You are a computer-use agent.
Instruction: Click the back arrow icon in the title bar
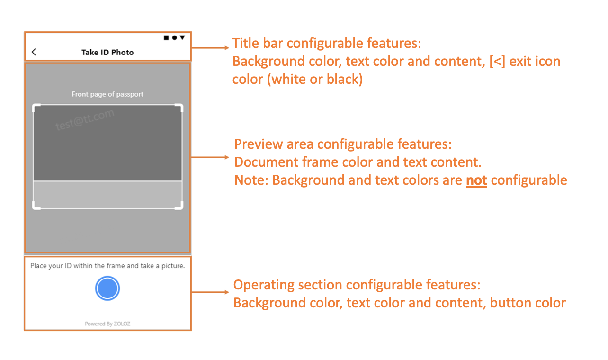tap(34, 52)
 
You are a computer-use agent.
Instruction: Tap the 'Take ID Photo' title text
tap(107, 52)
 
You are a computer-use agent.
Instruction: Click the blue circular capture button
tap(107, 288)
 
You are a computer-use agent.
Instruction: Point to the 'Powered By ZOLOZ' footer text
tap(107, 324)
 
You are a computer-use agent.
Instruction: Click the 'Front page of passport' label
tap(107, 94)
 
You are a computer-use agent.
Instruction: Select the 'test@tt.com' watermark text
tap(85, 119)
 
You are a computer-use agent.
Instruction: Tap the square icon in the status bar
tap(166, 37)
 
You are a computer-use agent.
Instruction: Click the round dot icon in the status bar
tap(174, 37)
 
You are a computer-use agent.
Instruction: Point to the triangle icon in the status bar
tap(182, 37)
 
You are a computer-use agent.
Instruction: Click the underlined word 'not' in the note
tap(476, 180)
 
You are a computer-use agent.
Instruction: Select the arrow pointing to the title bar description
tap(210, 47)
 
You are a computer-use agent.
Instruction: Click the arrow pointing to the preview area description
tap(210, 157)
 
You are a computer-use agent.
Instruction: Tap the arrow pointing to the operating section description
tap(210, 292)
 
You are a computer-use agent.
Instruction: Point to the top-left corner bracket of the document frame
tap(36, 108)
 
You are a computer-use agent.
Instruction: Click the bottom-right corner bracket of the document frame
tap(180, 206)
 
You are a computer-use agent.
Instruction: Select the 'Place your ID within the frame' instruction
tap(107, 266)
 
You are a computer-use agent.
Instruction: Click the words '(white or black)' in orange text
tap(315, 80)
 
